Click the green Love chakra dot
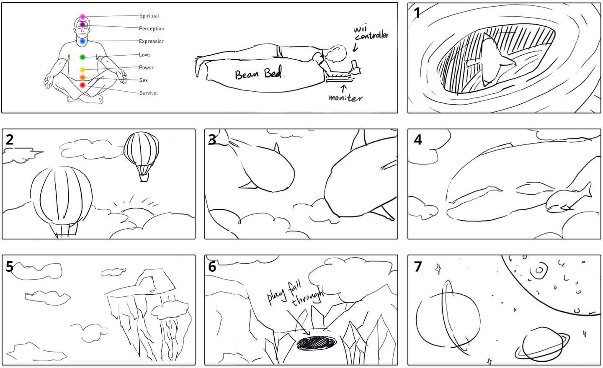tap(82, 57)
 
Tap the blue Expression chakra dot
tap(82, 41)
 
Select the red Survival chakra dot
tap(82, 85)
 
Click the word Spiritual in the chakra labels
tap(149, 16)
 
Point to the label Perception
tap(151, 28)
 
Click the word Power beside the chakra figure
tap(146, 67)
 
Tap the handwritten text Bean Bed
tap(260, 75)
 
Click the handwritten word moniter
tap(345, 98)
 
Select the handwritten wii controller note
tap(370, 33)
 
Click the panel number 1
tap(417, 13)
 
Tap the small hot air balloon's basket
tap(144, 178)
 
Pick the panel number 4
tap(417, 139)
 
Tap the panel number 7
tap(417, 267)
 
